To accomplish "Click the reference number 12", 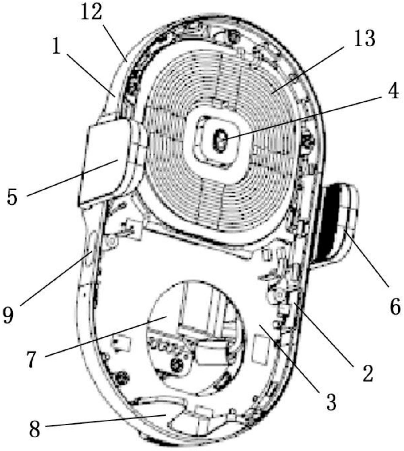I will pyautogui.click(x=91, y=12).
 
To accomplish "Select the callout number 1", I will pyautogui.click(x=56, y=47).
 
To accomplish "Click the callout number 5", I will pyautogui.click(x=12, y=197).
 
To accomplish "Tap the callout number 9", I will pyautogui.click(x=8, y=314).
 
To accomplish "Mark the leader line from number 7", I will pyautogui.click(x=104, y=336).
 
